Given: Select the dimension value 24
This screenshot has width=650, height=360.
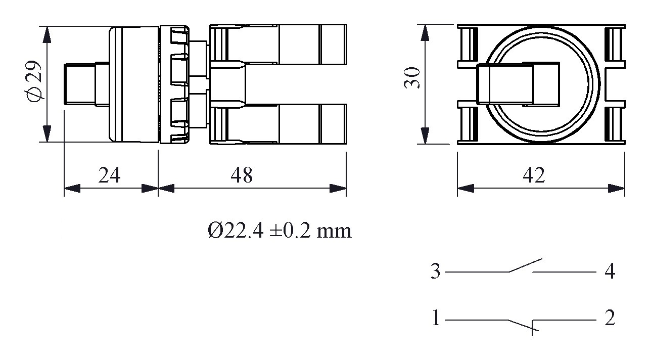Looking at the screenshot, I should tap(109, 175).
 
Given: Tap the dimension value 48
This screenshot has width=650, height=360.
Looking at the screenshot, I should tap(242, 175).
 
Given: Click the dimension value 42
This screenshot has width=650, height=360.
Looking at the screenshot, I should tap(534, 175).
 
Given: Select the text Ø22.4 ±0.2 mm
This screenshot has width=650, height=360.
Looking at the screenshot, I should tap(279, 231).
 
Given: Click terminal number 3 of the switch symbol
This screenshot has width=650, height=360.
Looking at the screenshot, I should tap(436, 272).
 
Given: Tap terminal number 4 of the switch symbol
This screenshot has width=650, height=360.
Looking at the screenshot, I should tap(610, 272).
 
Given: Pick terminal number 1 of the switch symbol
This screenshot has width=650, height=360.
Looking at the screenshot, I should tap(436, 319).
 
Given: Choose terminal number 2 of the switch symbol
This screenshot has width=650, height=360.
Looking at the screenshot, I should tap(610, 319).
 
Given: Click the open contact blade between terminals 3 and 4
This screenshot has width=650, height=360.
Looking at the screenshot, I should tap(526, 265).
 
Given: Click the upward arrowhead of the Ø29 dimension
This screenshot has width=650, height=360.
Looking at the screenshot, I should tap(47, 34).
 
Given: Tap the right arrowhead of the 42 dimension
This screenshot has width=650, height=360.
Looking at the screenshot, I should tap(617, 189).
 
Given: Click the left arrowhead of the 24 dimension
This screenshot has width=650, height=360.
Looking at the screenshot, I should tap(72, 189).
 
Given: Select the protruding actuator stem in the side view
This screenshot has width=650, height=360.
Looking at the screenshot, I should tap(80, 84).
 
